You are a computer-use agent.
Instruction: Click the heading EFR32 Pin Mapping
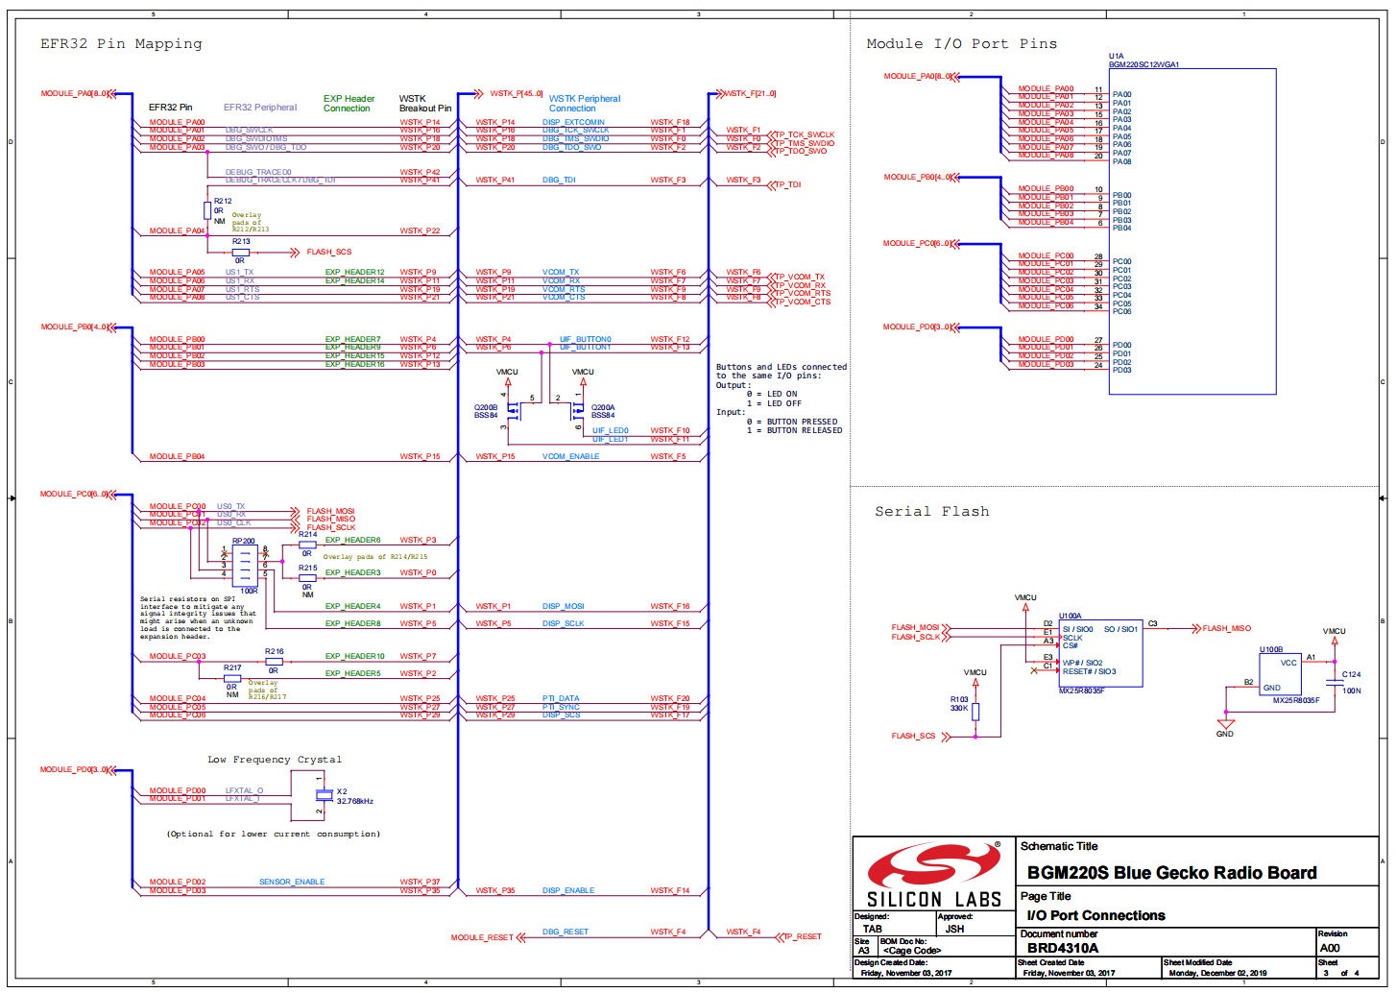(x=121, y=44)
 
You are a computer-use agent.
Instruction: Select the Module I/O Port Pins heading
(x=961, y=44)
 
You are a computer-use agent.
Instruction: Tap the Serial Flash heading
(x=931, y=512)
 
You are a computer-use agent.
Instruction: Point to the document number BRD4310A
(x=1063, y=948)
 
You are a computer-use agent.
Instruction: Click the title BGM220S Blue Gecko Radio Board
(x=1171, y=873)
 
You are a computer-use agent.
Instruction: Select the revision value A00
(x=1330, y=948)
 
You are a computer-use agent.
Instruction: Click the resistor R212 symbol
(x=207, y=210)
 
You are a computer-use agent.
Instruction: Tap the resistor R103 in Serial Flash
(x=975, y=712)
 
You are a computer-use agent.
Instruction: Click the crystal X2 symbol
(x=324, y=794)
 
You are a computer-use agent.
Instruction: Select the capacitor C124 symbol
(x=1334, y=682)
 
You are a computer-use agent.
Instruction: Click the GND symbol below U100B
(x=1225, y=725)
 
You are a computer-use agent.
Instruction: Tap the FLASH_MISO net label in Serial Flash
(x=1226, y=629)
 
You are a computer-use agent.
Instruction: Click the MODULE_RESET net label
(x=482, y=937)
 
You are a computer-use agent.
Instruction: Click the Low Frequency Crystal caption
(x=275, y=760)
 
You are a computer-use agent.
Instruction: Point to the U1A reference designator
(x=1116, y=57)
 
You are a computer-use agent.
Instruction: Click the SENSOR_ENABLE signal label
(x=292, y=882)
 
